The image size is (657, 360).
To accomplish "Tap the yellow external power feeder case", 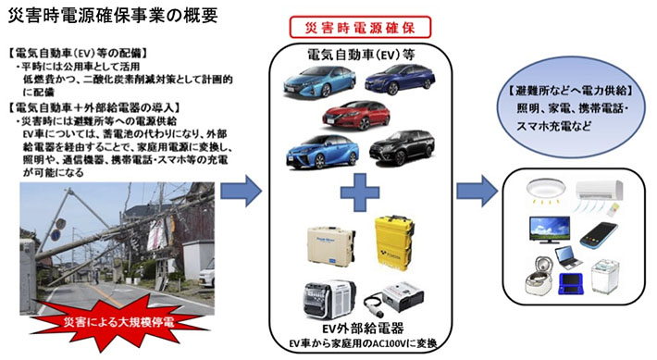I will [395, 238].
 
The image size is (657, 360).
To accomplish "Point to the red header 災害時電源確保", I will [353, 28].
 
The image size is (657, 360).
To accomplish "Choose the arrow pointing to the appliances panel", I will [477, 195].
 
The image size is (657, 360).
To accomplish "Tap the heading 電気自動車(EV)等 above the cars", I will [353, 55].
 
